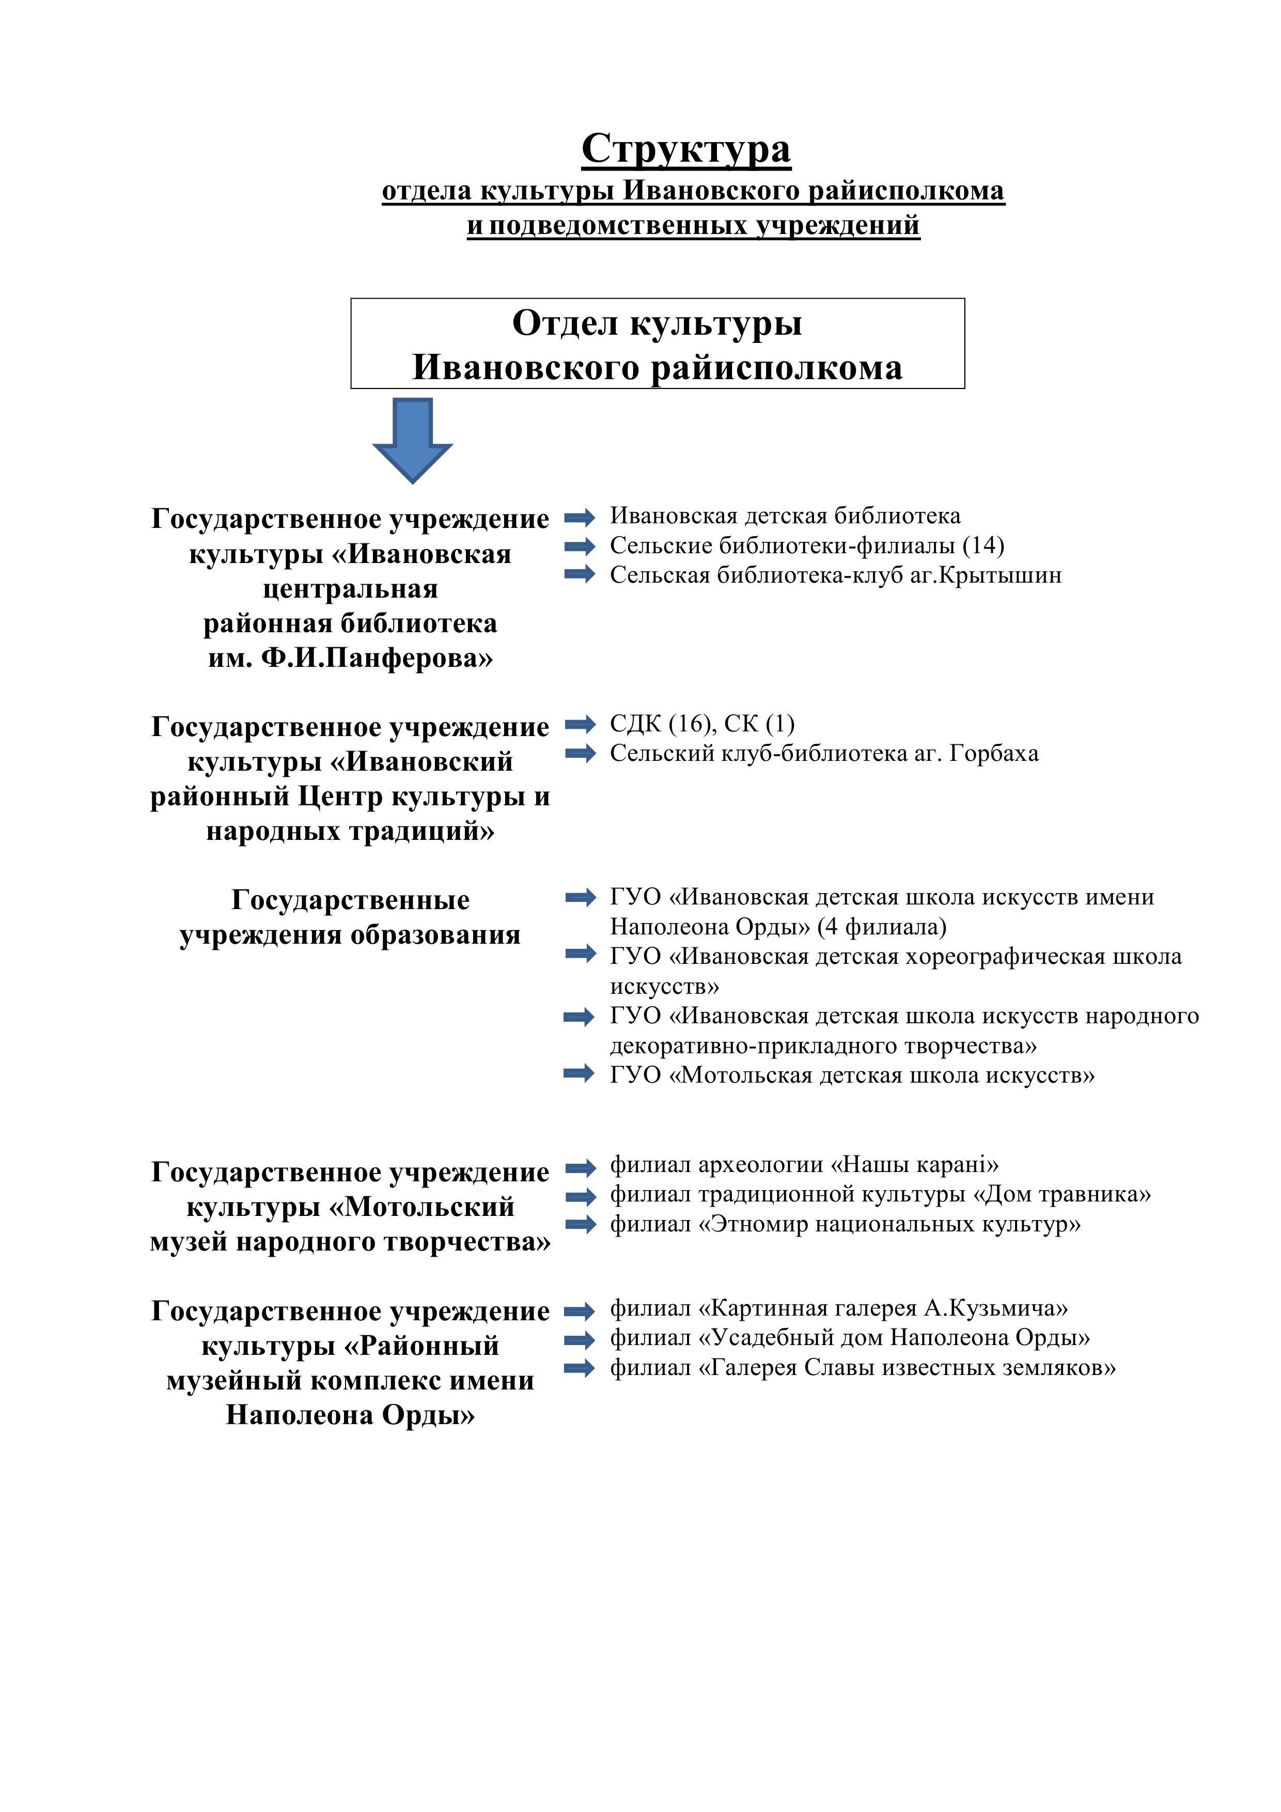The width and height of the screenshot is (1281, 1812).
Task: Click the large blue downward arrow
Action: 412,439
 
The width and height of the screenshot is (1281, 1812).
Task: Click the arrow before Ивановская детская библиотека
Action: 580,518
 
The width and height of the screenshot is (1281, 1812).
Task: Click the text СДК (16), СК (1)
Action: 701,724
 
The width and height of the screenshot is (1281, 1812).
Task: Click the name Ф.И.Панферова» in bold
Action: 377,658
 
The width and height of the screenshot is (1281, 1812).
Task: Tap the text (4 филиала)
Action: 882,927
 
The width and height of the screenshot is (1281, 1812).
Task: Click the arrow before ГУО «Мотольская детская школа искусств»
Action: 580,1073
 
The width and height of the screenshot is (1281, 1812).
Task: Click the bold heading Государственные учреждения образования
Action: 350,917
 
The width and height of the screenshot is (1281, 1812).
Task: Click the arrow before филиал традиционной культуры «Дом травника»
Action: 580,1196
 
